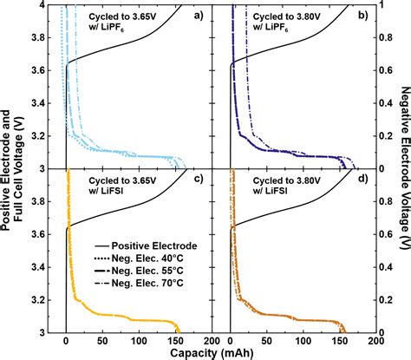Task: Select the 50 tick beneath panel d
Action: (x=268, y=340)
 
